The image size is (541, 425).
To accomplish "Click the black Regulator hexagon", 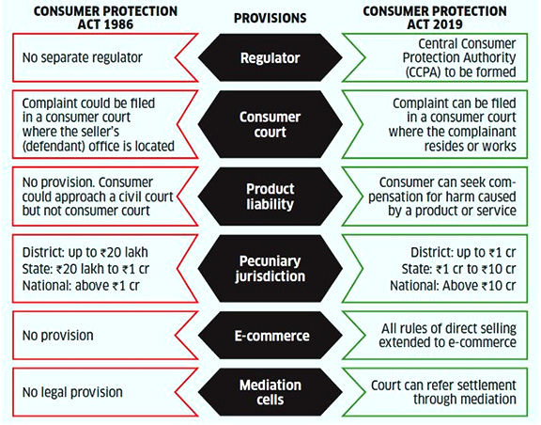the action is (270, 57).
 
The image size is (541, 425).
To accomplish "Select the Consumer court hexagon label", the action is (270, 124).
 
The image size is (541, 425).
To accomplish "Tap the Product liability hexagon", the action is (270, 197).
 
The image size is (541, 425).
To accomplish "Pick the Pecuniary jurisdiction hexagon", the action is (270, 269).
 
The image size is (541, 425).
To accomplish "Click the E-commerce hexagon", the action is (270, 336).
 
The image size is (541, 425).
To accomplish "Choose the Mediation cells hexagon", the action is (270, 392).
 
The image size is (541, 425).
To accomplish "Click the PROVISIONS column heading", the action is (270, 18).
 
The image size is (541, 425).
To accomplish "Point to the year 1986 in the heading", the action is (118, 24).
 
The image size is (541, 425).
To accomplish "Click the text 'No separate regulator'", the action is (82, 57).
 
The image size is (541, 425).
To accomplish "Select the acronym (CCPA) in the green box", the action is (423, 71).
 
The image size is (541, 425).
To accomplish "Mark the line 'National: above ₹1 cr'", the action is (81, 286).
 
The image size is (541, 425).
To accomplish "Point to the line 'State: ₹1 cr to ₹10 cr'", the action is (458, 269).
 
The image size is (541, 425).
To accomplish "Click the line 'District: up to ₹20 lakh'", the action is (85, 252).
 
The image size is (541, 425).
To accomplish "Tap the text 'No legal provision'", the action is (72, 392).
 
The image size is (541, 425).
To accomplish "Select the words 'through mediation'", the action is (465, 399).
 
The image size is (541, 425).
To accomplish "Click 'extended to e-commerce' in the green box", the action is (447, 342).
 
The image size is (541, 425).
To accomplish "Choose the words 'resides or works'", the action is (471, 146).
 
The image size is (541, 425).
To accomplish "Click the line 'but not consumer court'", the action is (85, 211).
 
